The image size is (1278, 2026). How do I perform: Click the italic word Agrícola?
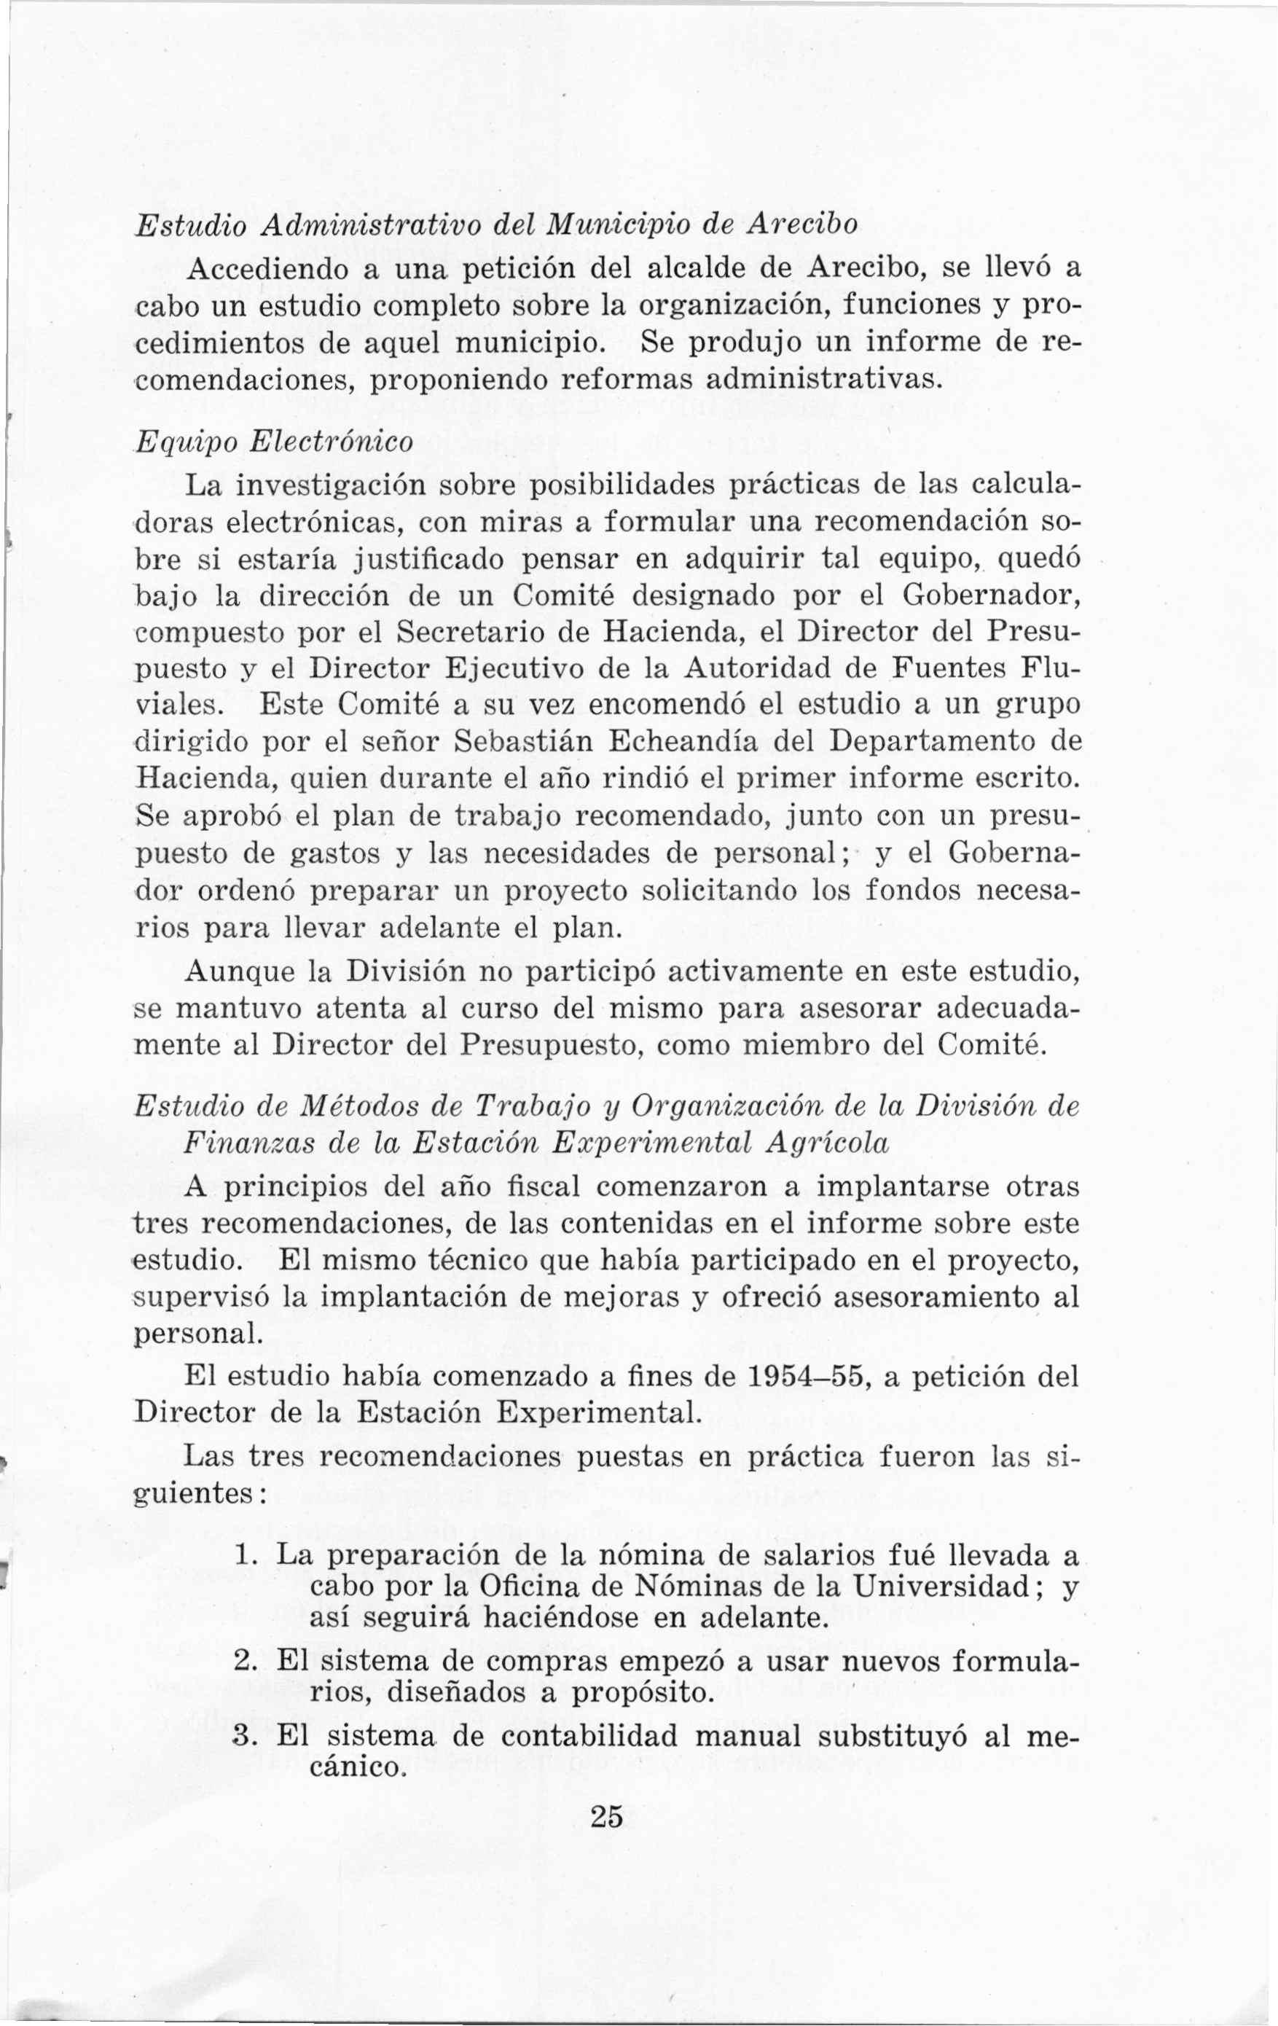pos(817,1143)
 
